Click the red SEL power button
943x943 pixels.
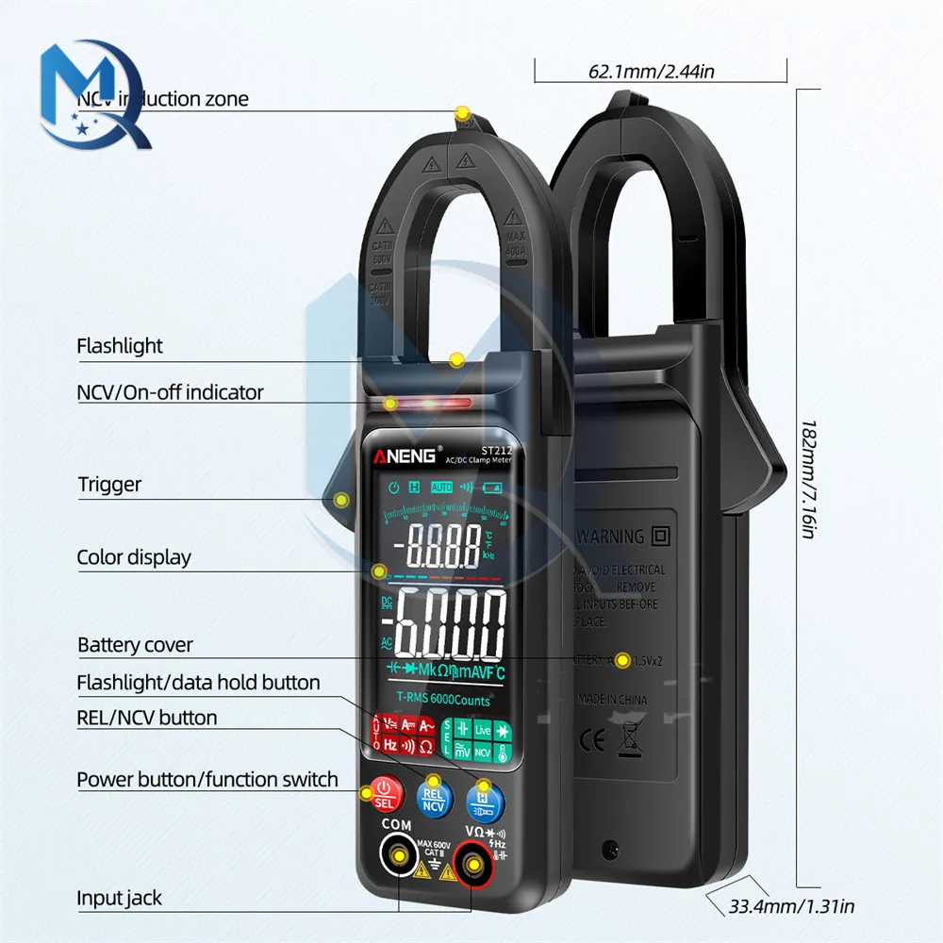[383, 794]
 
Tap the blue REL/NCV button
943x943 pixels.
[433, 798]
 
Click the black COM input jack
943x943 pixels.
[400, 856]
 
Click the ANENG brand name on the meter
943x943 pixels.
[405, 456]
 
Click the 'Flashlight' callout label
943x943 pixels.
[120, 346]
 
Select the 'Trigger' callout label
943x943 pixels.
[109, 485]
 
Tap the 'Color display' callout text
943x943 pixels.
[134, 557]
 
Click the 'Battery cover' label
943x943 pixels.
[135, 645]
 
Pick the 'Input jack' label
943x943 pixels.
[120, 898]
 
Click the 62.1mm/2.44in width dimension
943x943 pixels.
[651, 70]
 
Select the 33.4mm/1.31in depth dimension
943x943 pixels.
[792, 907]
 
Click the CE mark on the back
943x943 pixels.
[587, 736]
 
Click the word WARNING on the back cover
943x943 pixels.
[611, 537]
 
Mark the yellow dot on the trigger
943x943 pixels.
[341, 500]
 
